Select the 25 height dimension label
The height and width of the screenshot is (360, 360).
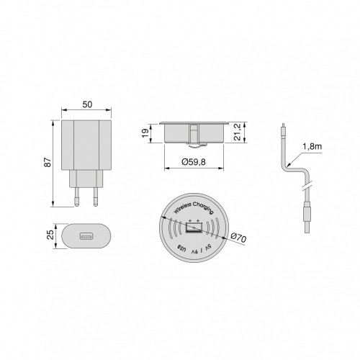(51, 236)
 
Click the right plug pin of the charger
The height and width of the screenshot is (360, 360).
(95, 194)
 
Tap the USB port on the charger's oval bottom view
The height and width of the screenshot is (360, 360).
(86, 237)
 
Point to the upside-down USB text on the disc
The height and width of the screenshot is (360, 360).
(180, 249)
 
